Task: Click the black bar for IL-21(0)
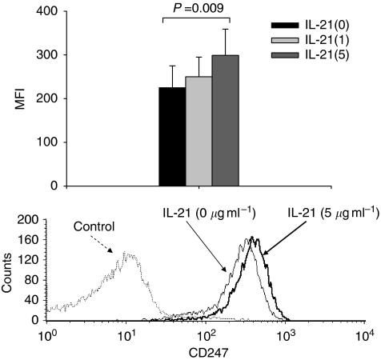coord(172,137)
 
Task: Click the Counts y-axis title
coord(8,268)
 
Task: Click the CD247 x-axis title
coord(206,351)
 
